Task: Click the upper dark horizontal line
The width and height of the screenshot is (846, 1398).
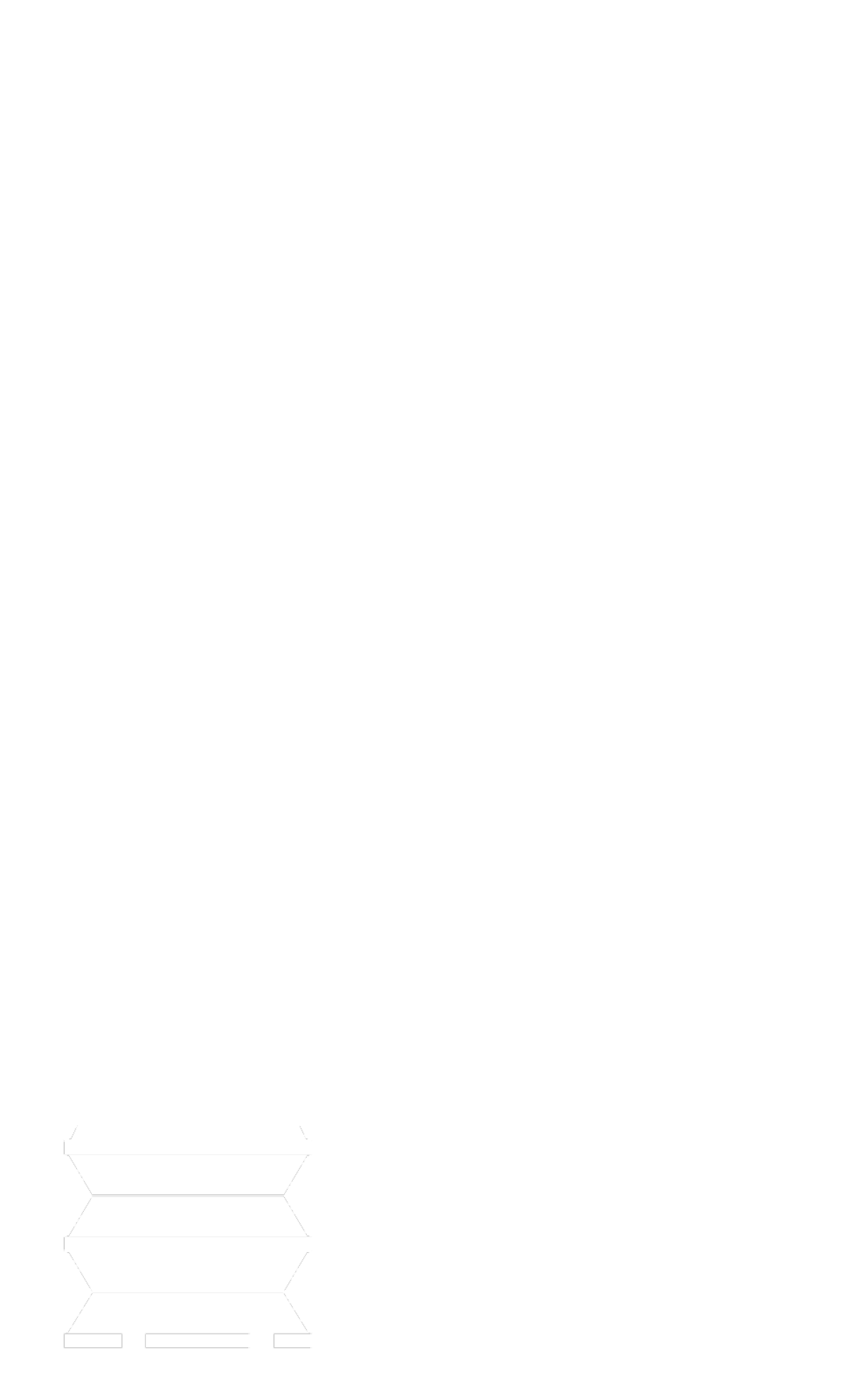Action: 188,1195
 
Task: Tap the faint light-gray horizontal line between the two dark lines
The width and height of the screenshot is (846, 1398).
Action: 188,1236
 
